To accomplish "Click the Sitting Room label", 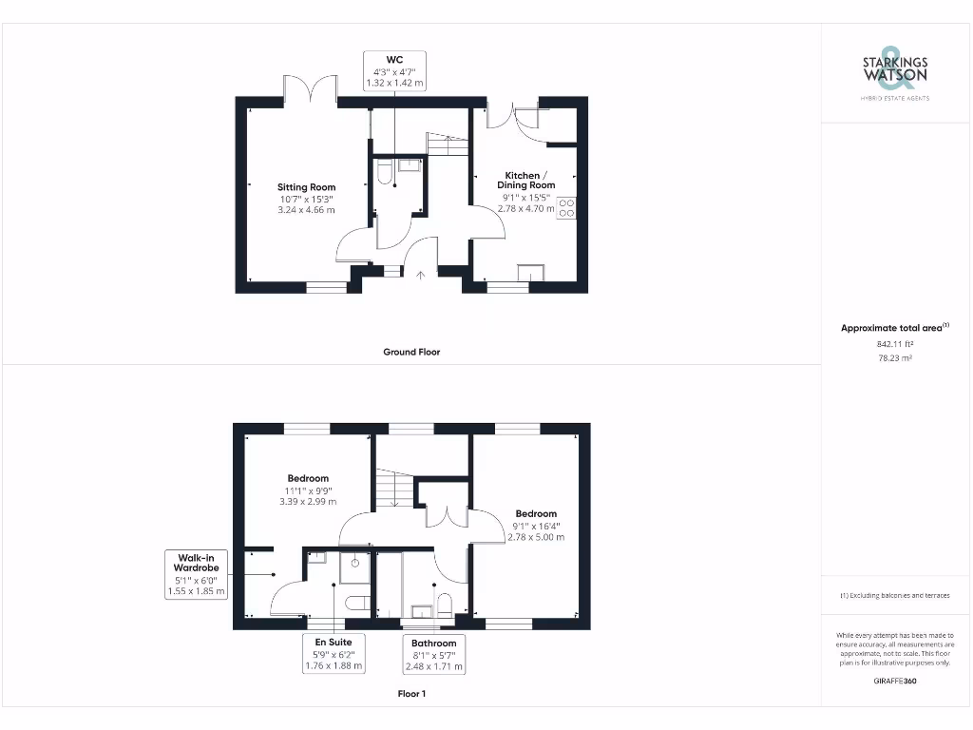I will [306, 187].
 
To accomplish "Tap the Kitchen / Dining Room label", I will [525, 181].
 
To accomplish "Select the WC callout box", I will [395, 71].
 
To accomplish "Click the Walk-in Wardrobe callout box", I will [196, 574].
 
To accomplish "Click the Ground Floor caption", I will [411, 352].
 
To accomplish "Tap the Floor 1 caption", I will [411, 694].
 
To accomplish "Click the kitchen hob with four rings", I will [566, 207].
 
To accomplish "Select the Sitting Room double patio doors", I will [311, 88].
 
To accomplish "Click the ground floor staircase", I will [447, 145].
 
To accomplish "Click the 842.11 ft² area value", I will [894, 344].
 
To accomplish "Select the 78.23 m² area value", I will [894, 358].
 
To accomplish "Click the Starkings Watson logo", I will [895, 72].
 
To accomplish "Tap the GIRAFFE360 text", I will [894, 681].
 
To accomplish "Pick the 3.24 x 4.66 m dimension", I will [306, 210].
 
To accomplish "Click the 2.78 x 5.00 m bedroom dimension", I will [536, 537].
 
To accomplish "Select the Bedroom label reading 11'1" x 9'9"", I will [308, 490].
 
